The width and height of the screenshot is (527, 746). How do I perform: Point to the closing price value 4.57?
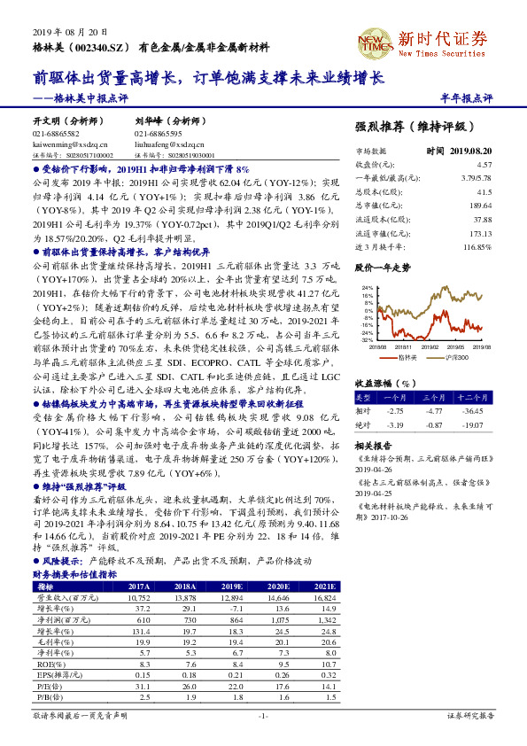(x=483, y=165)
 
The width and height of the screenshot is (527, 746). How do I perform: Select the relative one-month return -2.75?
(x=396, y=411)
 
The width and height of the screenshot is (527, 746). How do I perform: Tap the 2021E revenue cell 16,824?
(x=324, y=598)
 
